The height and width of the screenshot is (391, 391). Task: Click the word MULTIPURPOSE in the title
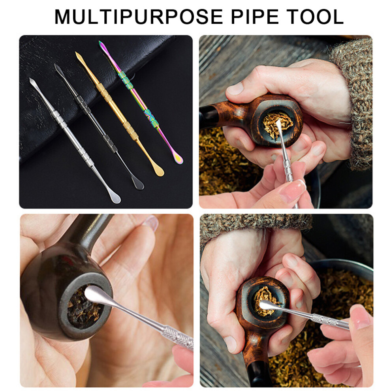tap(138, 17)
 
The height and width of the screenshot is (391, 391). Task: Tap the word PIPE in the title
tap(255, 17)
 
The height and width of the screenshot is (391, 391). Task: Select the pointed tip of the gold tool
tap(76, 53)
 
